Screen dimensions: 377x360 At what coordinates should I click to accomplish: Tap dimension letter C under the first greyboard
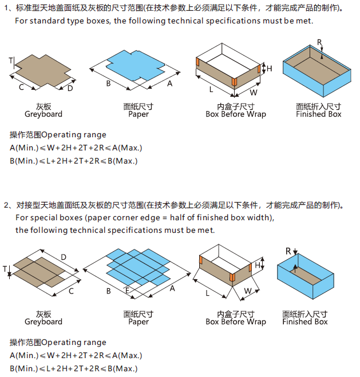coord(21,87)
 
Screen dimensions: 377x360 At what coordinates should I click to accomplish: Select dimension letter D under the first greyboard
coord(70,88)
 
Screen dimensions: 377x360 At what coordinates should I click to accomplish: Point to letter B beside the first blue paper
coord(108,84)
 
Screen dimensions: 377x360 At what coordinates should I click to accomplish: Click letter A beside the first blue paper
coord(169,84)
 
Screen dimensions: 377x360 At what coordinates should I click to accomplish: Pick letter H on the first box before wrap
coord(270,69)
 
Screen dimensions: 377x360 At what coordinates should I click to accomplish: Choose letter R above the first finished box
coord(319,43)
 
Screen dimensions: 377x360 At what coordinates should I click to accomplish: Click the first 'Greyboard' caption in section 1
coord(43,114)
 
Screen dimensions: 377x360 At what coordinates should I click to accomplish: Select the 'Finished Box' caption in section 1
coord(318,114)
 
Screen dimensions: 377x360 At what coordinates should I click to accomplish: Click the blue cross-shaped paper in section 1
coord(135,64)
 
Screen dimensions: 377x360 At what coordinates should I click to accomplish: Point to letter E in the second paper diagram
coord(128,291)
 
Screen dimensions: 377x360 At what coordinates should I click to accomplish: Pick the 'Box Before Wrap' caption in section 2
coord(236,322)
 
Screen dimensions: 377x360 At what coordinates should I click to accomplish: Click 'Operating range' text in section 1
coord(74,135)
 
